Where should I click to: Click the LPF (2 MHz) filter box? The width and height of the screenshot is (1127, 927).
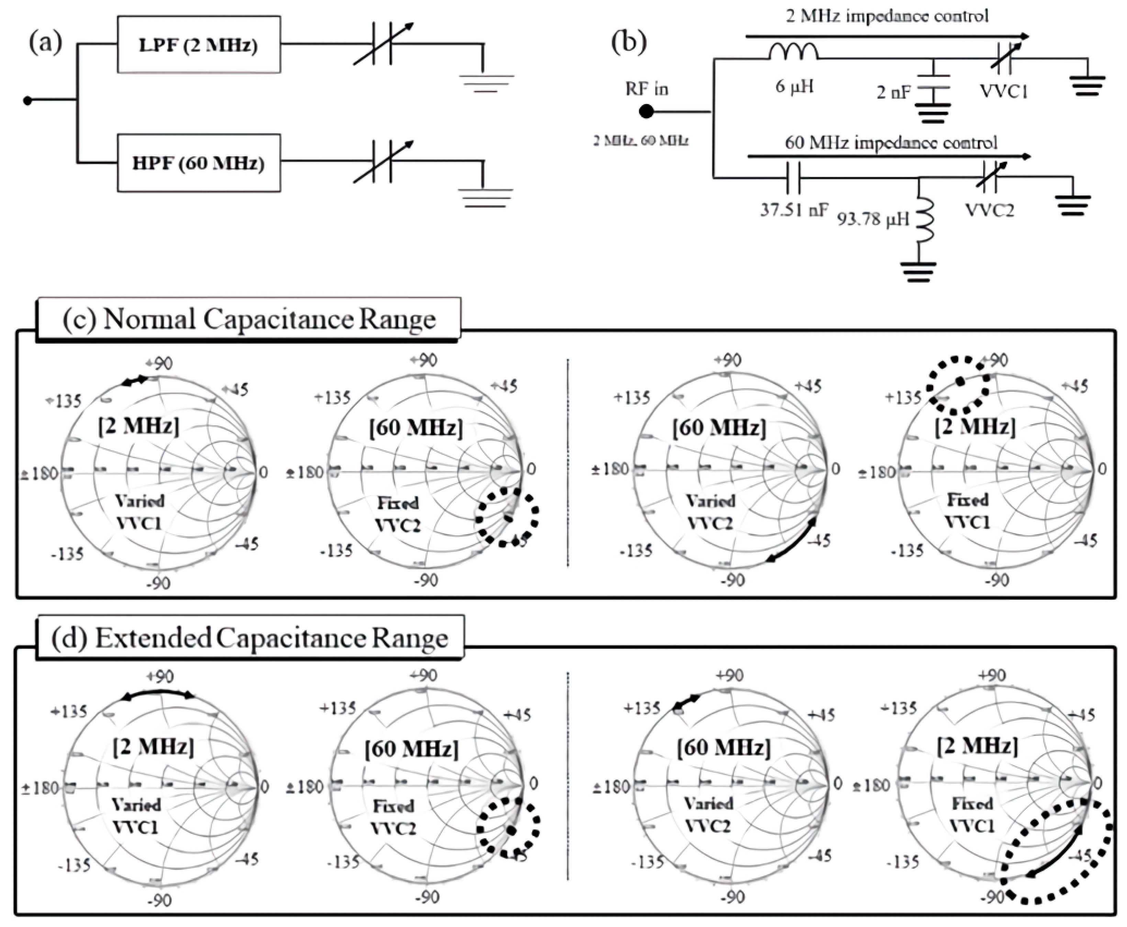199,45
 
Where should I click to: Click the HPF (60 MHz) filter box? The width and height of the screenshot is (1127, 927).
199,163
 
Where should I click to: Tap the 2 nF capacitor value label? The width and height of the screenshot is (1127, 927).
893,93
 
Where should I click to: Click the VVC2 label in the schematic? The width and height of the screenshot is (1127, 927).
989,210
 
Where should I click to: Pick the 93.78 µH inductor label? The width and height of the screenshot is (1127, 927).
872,219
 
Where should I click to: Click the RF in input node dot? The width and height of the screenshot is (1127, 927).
647,112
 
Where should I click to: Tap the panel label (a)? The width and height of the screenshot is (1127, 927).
45,43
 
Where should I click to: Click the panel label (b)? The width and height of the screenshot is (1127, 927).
628,43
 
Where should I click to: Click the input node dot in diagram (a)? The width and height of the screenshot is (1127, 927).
28,100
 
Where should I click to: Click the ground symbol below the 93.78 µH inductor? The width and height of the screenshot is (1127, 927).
918,271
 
